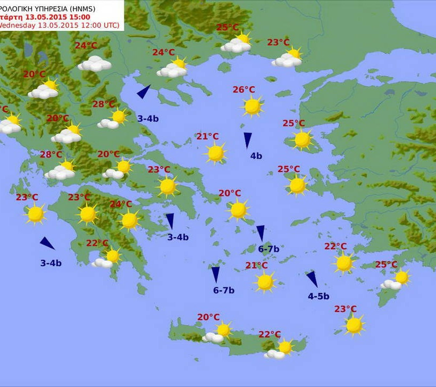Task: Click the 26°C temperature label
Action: [244, 90]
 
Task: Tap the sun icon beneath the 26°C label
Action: [252, 106]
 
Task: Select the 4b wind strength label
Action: [256, 156]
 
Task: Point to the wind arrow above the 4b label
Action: [248, 140]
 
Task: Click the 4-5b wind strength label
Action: [318, 296]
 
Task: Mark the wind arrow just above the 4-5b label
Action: [312, 279]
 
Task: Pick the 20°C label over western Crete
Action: [208, 317]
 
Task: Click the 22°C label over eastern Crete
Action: [270, 334]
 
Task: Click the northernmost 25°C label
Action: [227, 28]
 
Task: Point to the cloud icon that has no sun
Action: [95, 64]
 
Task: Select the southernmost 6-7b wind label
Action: [224, 290]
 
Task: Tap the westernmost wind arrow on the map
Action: [47, 243]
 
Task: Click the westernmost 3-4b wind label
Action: [51, 262]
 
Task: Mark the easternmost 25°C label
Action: [387, 265]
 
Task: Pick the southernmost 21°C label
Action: [256, 265]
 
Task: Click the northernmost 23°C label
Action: [278, 43]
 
